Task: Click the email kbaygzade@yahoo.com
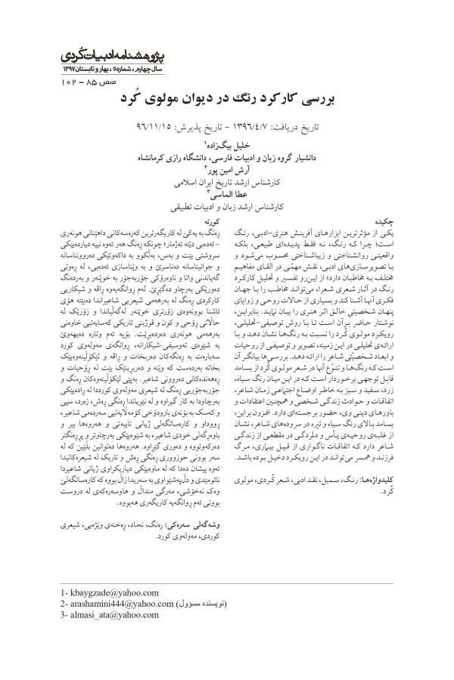110,592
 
